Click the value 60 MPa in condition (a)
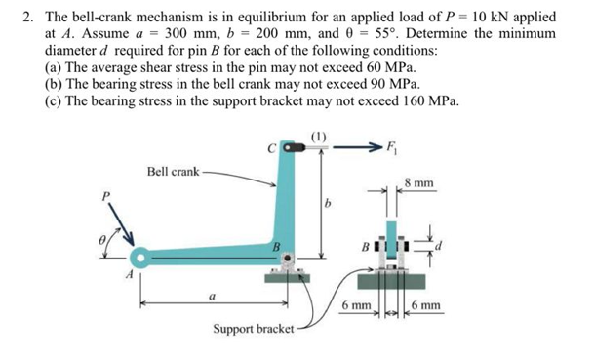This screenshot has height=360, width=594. click(386, 66)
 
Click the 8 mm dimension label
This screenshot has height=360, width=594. click(421, 182)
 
